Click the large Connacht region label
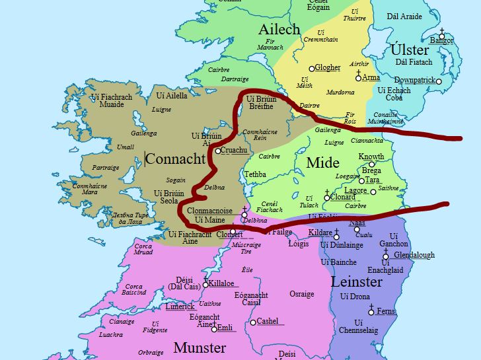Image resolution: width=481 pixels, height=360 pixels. point(176,159)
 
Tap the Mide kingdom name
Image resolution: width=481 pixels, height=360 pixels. point(323,163)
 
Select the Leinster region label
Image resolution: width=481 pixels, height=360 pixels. point(356,282)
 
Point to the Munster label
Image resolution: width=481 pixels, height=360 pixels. point(200,347)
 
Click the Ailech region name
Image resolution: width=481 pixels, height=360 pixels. point(279,29)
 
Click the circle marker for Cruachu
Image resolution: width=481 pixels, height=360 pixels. point(218,151)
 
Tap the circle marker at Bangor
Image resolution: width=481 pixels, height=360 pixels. point(441,40)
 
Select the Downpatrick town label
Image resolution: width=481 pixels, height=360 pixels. point(414,80)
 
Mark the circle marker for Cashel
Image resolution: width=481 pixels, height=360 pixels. point(253,322)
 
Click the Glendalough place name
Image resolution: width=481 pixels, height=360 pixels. point(414,255)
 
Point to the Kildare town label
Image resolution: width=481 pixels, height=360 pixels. point(320,233)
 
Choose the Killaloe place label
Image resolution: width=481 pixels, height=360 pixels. point(221,283)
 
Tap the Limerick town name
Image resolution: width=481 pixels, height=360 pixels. point(180,306)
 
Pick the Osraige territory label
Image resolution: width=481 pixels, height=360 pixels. point(302,294)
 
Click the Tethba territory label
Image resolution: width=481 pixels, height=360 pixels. point(255,174)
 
